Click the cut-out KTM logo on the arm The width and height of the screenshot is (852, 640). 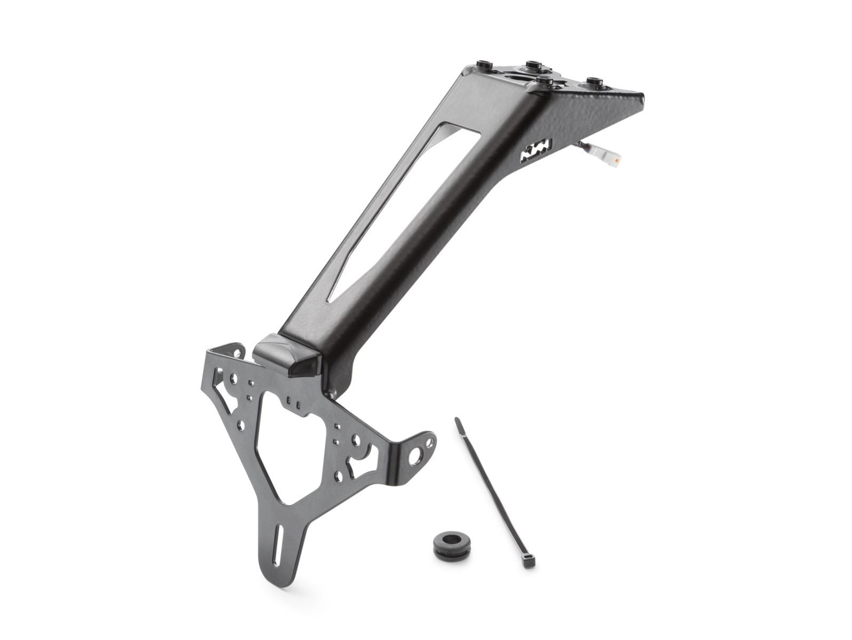536,152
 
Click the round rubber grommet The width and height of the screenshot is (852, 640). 451,543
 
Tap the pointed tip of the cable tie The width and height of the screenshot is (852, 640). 456,420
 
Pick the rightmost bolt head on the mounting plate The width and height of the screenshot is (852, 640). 594,83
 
